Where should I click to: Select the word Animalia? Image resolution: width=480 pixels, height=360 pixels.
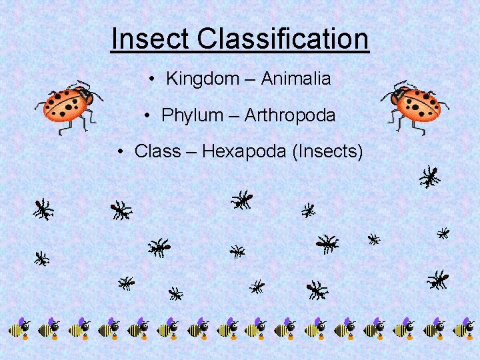(295, 79)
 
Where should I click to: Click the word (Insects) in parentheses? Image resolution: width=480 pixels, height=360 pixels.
(327, 152)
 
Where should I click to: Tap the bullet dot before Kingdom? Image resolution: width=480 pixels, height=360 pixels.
(153, 79)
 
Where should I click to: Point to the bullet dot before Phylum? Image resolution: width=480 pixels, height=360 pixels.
(147, 116)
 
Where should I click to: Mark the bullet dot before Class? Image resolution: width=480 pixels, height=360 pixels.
(121, 153)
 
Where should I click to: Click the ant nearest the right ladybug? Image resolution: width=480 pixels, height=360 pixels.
(430, 177)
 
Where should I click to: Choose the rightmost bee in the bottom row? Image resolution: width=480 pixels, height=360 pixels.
(463, 328)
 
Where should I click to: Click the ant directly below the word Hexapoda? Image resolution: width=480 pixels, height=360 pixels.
(241, 199)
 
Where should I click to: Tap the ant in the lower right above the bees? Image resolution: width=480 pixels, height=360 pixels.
(437, 279)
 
